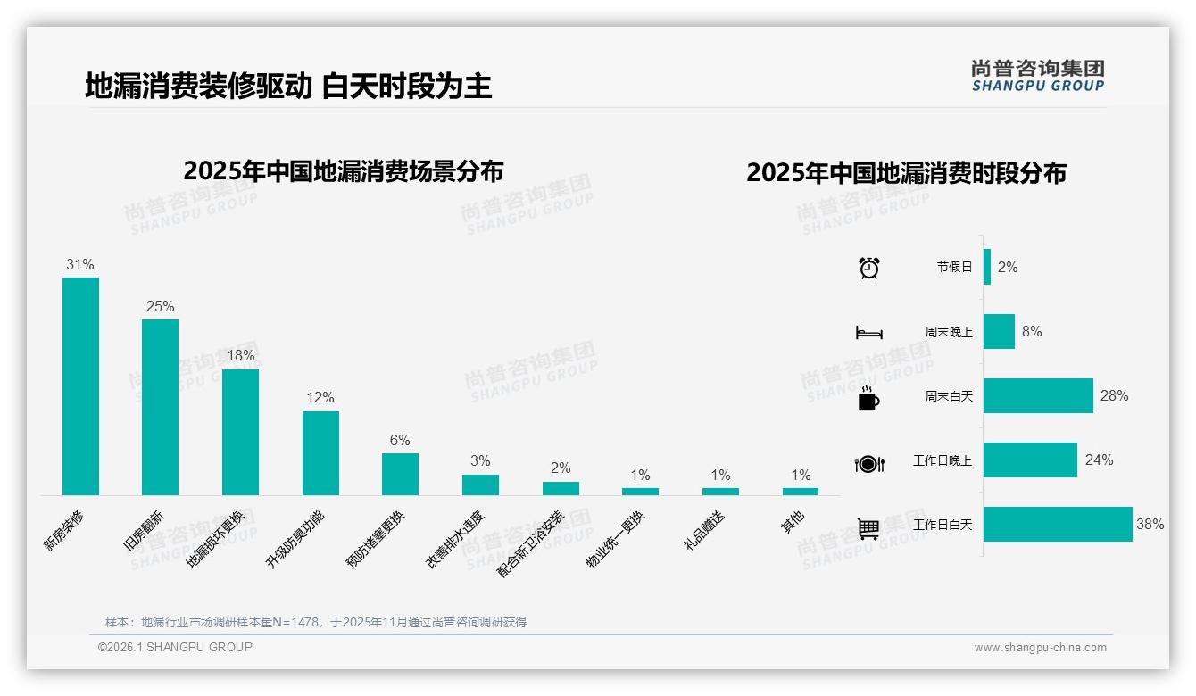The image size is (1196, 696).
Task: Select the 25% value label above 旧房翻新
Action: [160, 306]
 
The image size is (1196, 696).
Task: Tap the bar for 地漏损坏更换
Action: [240, 432]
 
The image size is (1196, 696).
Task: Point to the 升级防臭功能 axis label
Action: [295, 539]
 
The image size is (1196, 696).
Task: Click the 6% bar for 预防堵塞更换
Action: [400, 474]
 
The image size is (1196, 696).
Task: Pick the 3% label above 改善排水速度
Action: [480, 460]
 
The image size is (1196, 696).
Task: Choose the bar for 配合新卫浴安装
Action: [561, 488]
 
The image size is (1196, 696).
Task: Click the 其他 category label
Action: [793, 521]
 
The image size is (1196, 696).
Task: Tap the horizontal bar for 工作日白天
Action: [1058, 524]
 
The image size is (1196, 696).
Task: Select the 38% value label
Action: [1150, 524]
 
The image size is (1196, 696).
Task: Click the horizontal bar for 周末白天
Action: [1038, 395]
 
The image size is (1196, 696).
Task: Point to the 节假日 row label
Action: [954, 267]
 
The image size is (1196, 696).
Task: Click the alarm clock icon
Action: [868, 268]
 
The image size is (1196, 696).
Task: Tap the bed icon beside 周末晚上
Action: [868, 333]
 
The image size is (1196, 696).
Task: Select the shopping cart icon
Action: [868, 528]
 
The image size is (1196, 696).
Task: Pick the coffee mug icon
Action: [868, 398]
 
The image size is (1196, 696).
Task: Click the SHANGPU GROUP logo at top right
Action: [1037, 76]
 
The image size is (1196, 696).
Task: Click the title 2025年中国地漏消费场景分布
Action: [343, 170]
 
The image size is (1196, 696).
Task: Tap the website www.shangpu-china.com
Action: [1040, 648]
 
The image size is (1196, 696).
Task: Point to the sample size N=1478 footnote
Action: [316, 622]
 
